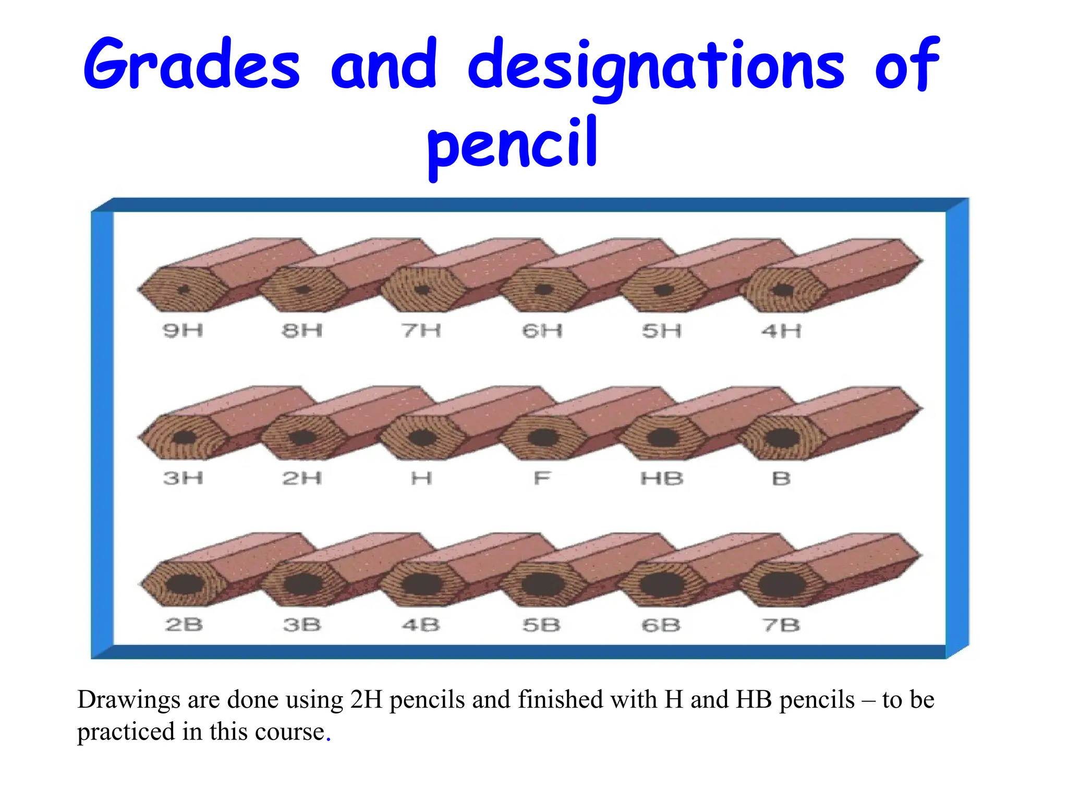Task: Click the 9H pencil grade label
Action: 183,330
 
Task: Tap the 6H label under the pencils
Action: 542,330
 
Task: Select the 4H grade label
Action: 781,330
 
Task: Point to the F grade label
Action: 542,478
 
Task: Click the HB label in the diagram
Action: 662,478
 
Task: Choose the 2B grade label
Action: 184,624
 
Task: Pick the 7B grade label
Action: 781,624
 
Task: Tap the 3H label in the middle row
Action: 183,478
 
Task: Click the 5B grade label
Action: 541,624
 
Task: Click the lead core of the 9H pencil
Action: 184,290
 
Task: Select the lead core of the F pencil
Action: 542,437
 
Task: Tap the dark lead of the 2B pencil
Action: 184,584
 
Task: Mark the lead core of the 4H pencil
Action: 782,290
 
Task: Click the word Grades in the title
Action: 192,65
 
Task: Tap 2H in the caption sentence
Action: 367,700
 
